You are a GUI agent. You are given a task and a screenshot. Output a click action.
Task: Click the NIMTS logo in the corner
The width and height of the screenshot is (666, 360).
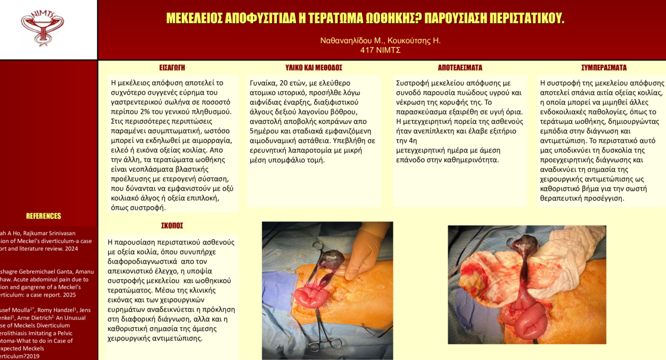(x=42, y=28)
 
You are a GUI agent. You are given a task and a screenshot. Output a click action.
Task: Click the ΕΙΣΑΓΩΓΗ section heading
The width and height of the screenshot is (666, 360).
(x=172, y=68)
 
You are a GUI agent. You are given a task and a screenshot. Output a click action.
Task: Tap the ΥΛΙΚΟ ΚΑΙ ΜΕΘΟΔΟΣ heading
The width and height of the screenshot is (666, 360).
(x=314, y=68)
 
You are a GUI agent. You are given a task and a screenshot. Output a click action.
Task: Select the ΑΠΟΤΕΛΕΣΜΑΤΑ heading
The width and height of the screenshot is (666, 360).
(x=460, y=68)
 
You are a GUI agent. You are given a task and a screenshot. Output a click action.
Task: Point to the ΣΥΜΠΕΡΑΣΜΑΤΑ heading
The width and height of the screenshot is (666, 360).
(x=604, y=68)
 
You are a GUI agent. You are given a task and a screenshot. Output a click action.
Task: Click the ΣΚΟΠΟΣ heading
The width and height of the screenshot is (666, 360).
(x=172, y=226)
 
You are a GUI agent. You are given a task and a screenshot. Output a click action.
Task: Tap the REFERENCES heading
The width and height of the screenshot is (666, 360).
(x=43, y=216)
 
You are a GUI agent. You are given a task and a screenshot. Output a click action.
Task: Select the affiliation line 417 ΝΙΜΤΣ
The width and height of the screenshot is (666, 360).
(x=380, y=50)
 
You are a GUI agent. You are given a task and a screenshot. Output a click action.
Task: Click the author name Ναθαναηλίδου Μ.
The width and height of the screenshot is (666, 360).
(x=351, y=40)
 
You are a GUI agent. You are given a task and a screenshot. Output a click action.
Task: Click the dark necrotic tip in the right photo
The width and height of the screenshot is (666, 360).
(x=524, y=245)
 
